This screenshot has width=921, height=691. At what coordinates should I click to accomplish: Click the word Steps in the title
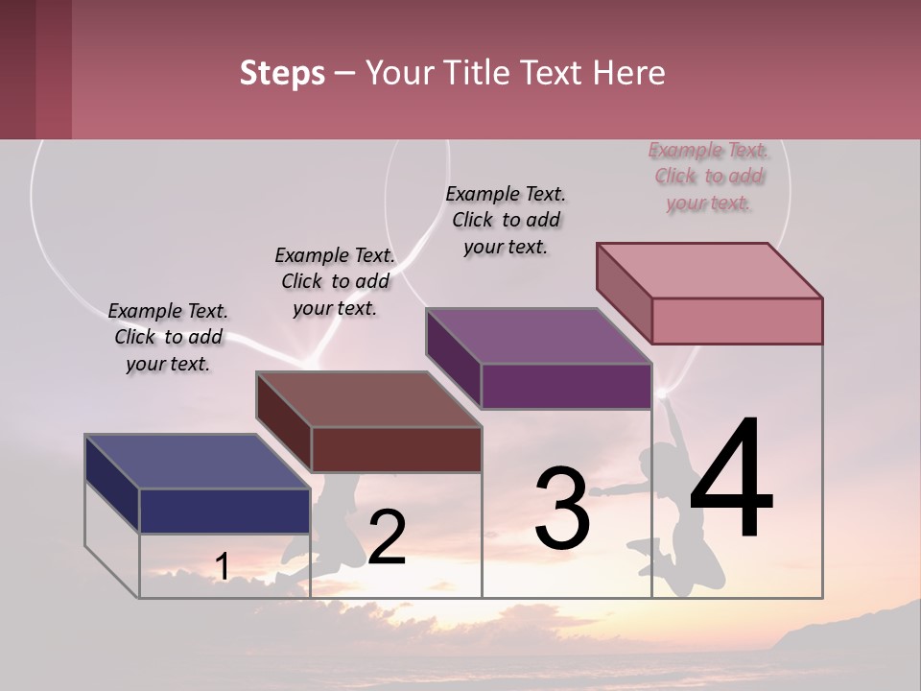282,73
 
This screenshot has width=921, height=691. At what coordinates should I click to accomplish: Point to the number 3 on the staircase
562,509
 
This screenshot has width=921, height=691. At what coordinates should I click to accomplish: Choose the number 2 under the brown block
387,537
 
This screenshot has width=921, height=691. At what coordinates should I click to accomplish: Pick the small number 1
222,567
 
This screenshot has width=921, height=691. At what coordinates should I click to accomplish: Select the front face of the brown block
396,449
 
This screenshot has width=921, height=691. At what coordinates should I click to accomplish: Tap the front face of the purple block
566,387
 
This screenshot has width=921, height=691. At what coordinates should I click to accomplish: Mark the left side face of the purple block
453,357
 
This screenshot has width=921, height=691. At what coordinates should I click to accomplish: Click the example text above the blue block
168,337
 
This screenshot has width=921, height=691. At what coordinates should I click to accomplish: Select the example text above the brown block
335,281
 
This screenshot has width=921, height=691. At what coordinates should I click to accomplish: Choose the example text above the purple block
506,220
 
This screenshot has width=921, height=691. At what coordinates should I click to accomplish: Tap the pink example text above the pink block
709,176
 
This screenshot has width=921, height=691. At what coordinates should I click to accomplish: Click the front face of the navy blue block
224,511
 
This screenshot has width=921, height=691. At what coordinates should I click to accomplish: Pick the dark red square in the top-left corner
35,69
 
